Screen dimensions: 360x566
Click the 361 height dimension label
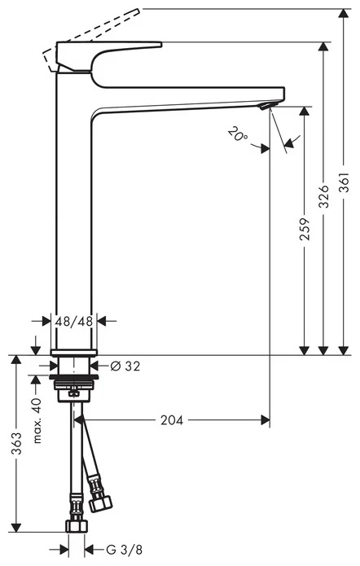coord(345,182)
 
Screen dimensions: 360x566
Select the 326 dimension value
coord(324,196)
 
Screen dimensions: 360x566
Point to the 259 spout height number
coord(305,229)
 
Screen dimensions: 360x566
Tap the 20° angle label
coord(239,134)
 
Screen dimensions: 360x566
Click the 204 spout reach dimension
coord(172,420)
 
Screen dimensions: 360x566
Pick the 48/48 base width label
coord(74,321)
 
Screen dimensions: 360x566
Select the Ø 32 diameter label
coord(125,366)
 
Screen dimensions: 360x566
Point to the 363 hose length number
coord(16,443)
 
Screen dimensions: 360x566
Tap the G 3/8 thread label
coord(125,550)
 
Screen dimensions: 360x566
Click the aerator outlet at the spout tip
coord(266,105)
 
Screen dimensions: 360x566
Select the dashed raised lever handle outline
coord(90,37)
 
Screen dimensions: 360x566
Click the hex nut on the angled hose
coord(100,503)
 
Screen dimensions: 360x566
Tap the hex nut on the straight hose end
coord(76,526)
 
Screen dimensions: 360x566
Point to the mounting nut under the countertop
coord(74,391)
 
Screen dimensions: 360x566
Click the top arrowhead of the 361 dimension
coord(344,13)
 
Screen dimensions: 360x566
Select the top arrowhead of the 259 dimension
coord(305,112)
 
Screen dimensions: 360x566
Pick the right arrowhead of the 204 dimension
coord(266,420)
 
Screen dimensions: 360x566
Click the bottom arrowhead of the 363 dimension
coord(16,527)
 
